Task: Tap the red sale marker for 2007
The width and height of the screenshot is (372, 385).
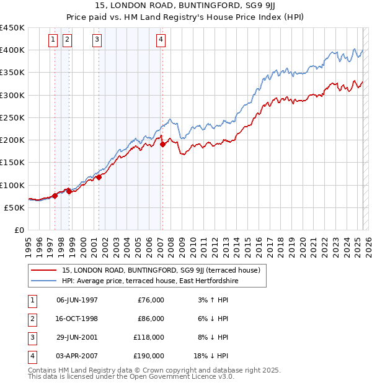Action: [162, 144]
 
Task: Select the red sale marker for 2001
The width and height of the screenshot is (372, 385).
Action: [99, 177]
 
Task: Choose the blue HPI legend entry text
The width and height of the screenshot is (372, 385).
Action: [149, 281]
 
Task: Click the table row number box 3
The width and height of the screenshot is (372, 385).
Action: [31, 337]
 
